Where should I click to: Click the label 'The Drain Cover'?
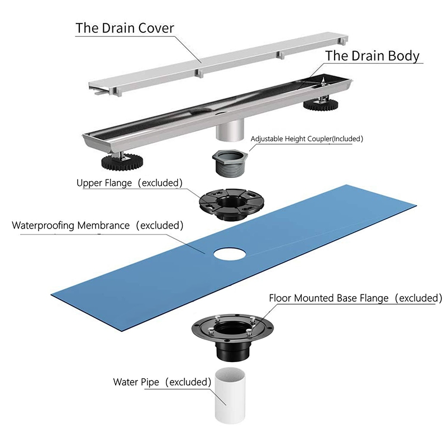(125, 28)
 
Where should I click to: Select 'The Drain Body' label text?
(372, 55)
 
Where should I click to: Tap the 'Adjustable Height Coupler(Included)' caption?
(307, 139)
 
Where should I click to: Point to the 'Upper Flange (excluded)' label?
(130, 183)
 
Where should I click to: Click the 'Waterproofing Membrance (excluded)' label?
(97, 225)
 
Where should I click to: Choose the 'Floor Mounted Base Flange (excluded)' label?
(355, 298)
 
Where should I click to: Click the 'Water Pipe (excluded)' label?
(162, 382)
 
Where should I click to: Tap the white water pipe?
(230, 395)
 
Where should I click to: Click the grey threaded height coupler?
(230, 163)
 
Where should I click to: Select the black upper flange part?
(231, 204)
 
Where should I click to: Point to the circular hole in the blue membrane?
(230, 254)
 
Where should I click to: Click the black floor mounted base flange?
(232, 337)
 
